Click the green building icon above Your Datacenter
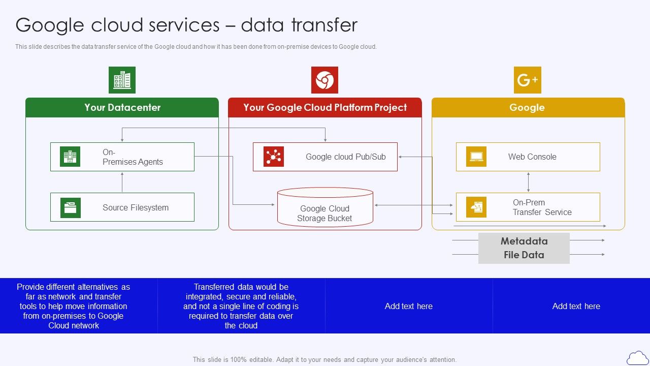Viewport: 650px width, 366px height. pos(122,80)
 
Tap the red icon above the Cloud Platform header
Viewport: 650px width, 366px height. pos(324,80)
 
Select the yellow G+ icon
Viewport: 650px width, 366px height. pos(527,80)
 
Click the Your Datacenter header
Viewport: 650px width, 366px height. pos(122,107)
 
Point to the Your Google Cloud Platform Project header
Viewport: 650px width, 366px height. pos(325,107)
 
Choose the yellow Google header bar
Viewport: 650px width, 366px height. pos(528,107)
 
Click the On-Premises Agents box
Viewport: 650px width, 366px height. pos(122,157)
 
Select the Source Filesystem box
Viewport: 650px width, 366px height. pos(122,207)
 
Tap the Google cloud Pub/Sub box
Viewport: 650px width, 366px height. pos(325,157)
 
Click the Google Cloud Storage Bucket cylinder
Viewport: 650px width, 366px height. pos(325,208)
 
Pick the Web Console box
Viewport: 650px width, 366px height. pos(528,157)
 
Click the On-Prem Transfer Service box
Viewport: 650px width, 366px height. pos(528,207)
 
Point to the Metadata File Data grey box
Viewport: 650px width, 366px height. pos(524,248)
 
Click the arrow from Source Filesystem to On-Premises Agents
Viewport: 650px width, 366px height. pos(122,182)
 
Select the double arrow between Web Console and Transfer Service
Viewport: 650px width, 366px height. pos(528,182)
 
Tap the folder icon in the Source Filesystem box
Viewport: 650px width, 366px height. pos(71,207)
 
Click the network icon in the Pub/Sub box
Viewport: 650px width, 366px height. pos(273,157)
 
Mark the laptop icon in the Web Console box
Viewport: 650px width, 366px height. pos(476,157)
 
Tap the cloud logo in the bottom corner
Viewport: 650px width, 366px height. pos(637,358)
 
